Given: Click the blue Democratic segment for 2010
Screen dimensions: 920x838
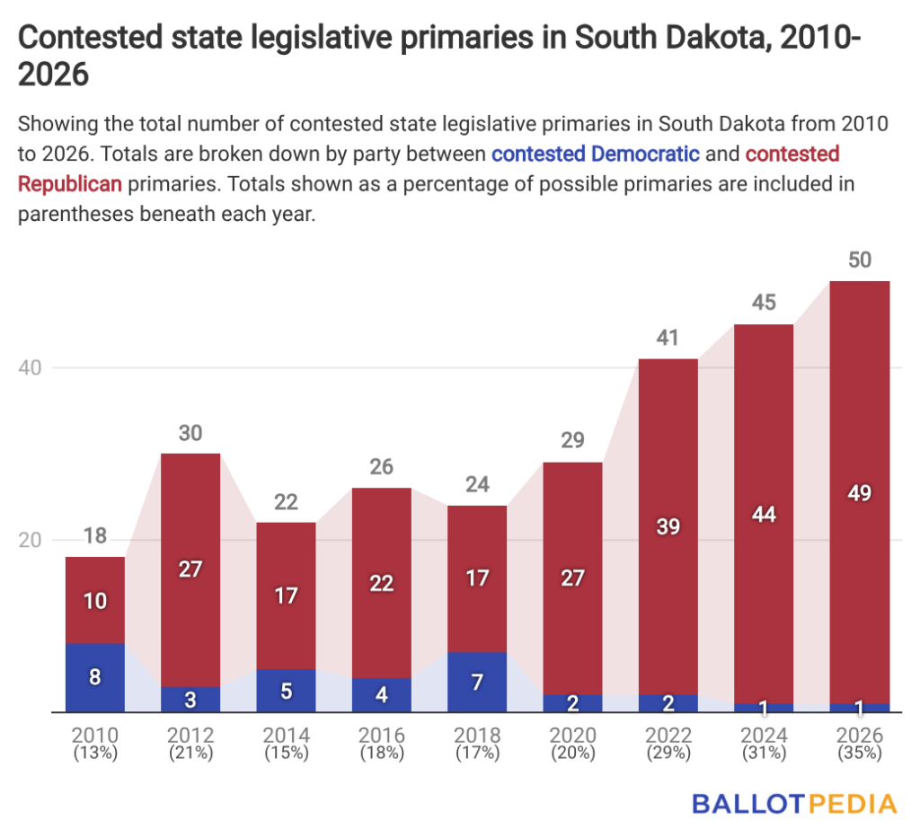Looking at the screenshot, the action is (x=95, y=678).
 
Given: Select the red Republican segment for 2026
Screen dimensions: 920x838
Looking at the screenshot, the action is (x=860, y=492).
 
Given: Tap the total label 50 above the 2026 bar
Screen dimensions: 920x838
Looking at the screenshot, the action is (x=860, y=260).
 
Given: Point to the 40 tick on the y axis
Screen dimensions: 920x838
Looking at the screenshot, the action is (x=30, y=368).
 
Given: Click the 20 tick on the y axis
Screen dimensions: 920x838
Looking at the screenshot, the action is (x=30, y=540).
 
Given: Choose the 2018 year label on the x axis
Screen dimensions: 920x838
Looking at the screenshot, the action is (x=478, y=735).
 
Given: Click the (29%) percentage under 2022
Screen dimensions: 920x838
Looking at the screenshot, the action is (x=668, y=753).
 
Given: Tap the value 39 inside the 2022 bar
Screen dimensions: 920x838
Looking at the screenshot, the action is (x=668, y=526).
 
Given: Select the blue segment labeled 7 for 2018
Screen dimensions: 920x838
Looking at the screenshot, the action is (x=477, y=682).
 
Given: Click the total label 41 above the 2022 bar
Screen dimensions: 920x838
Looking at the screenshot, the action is (x=668, y=338).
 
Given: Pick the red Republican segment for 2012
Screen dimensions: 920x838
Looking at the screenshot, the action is (x=190, y=570).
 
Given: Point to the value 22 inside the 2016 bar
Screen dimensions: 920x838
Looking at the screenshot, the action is (x=381, y=584).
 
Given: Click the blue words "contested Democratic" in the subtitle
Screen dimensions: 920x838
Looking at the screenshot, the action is (x=596, y=154).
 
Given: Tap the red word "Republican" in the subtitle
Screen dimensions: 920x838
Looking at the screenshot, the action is (x=70, y=184).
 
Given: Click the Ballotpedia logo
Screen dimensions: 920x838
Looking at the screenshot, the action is (x=795, y=804).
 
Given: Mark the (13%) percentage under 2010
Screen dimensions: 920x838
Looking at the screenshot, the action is (x=95, y=753).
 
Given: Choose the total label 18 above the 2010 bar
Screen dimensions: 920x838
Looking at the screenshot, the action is (x=95, y=536).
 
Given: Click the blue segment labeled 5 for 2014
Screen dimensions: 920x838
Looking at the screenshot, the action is (x=286, y=691).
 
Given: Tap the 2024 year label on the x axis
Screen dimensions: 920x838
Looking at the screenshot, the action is (x=764, y=735).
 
